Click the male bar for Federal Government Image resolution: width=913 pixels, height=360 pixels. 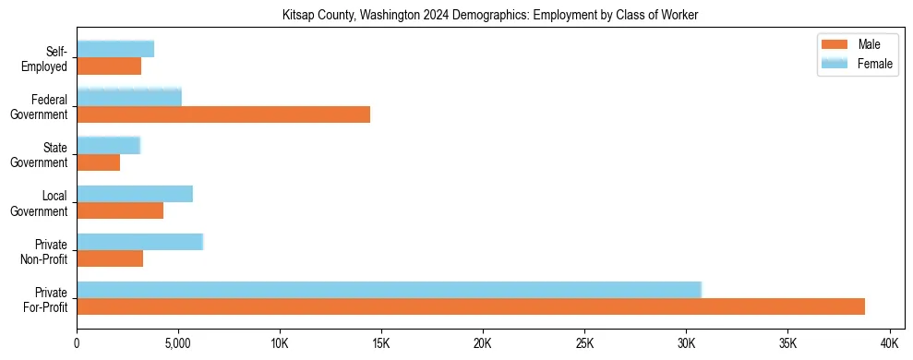(223, 114)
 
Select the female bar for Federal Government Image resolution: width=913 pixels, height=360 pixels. (129, 97)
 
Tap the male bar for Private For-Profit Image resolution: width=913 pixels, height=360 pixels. (471, 306)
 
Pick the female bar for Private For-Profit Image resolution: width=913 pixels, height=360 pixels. (389, 289)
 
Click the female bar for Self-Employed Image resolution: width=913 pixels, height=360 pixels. (115, 49)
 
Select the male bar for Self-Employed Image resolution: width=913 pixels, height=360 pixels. (109, 66)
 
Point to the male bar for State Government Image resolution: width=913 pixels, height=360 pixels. (99, 162)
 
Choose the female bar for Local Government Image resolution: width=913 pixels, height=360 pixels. (135, 193)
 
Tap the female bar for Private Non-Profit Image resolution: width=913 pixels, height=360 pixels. (139, 241)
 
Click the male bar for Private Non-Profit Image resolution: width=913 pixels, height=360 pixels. (110, 258)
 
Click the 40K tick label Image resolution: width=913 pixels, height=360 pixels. (889, 342)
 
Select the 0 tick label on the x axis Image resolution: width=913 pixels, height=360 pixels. (78, 342)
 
